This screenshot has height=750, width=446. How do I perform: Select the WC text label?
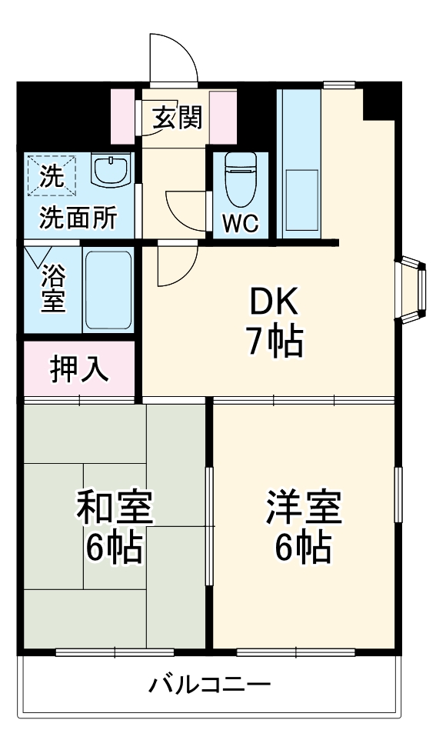point(241,223)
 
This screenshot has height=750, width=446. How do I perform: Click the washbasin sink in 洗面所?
point(111,170)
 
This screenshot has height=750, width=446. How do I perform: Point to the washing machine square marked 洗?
point(52,176)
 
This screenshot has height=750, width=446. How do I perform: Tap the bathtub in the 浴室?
point(108,288)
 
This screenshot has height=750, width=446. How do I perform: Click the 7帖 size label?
point(273,342)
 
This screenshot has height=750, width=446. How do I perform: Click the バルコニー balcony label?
point(209,684)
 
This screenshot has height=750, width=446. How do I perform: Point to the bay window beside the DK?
point(411,291)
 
